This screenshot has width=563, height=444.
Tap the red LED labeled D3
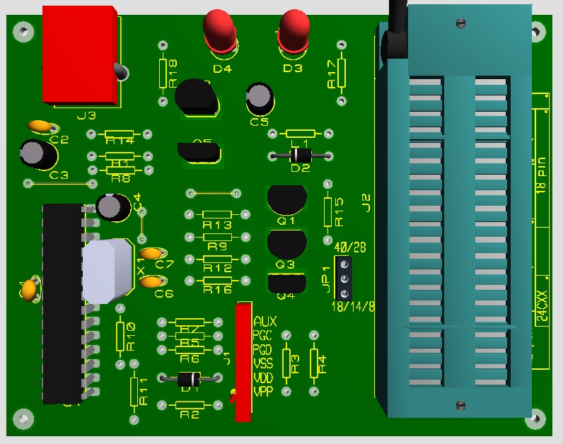tap(294, 30)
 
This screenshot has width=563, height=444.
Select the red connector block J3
tap(79, 54)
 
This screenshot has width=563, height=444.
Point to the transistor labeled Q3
tap(286, 243)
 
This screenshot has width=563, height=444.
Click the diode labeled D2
tap(301, 156)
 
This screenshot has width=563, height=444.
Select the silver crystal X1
tap(107, 270)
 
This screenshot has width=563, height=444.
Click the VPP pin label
tap(263, 391)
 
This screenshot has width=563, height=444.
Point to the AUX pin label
tap(265, 322)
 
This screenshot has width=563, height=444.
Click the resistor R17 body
tap(343, 72)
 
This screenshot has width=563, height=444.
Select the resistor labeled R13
tap(216, 215)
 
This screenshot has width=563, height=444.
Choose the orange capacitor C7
tap(152, 253)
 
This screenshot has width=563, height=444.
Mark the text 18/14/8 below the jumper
tap(354, 307)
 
